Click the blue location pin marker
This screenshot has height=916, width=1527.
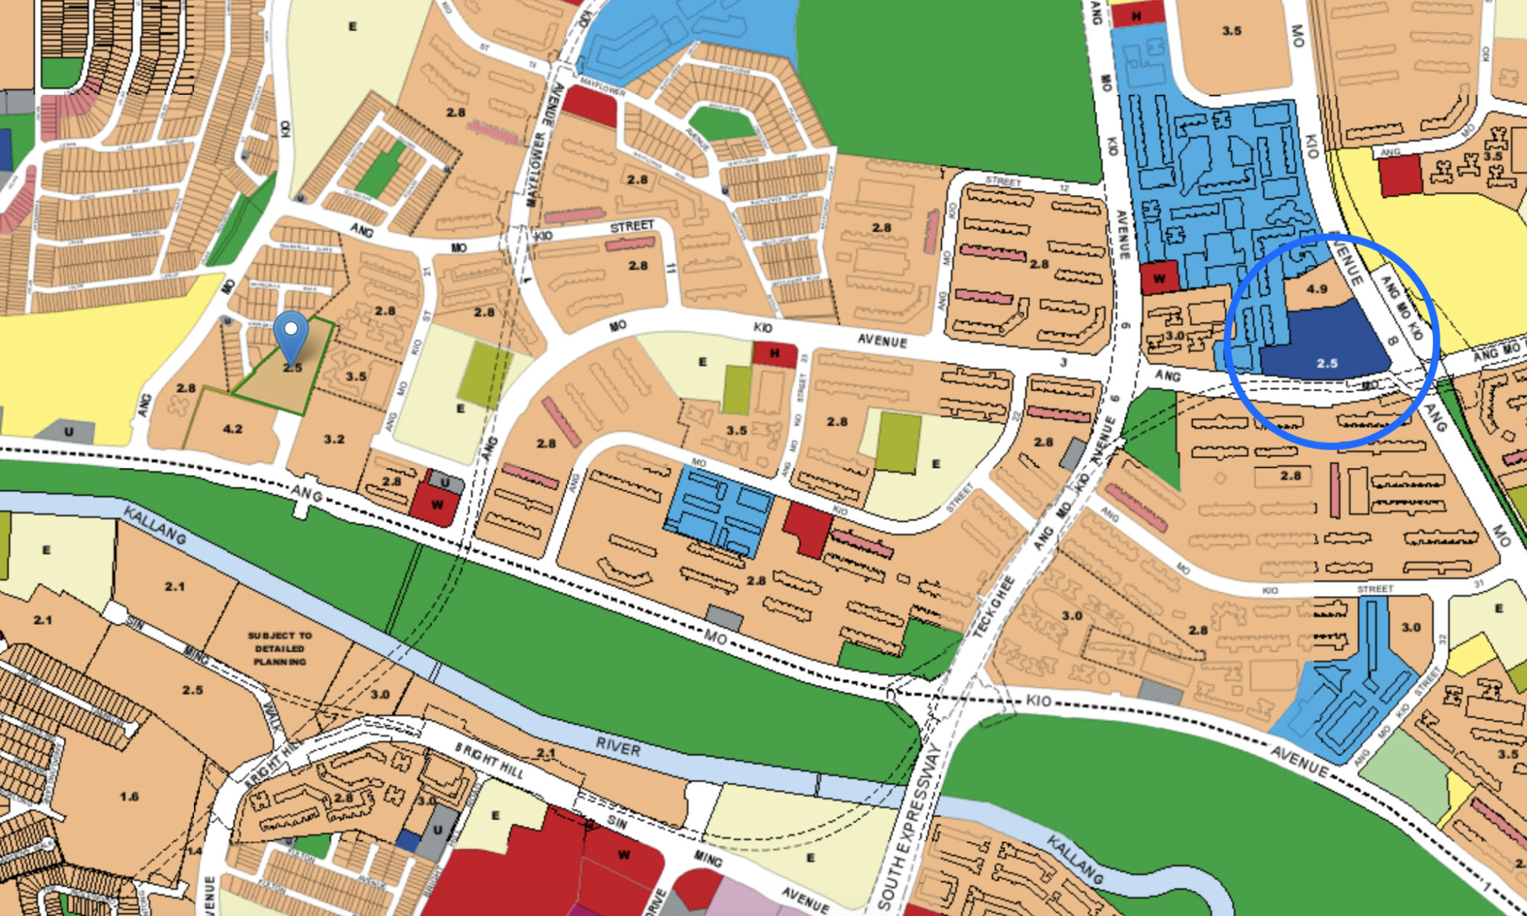[291, 333]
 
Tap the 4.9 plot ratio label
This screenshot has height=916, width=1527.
[1317, 289]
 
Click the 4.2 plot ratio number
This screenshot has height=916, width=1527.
[233, 429]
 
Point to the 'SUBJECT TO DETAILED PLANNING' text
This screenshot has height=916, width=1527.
[280, 648]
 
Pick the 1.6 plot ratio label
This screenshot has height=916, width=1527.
[129, 797]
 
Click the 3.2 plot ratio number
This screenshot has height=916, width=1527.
[334, 439]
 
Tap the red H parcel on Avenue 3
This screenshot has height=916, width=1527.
[775, 354]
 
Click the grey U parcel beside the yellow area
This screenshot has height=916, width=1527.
[68, 431]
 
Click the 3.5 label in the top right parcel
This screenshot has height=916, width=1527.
[1231, 31]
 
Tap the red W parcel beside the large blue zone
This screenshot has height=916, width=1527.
[1159, 278]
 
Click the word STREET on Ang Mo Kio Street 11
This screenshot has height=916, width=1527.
[632, 226]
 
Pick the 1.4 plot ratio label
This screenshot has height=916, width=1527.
[195, 850]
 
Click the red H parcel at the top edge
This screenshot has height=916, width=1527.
[1137, 15]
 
